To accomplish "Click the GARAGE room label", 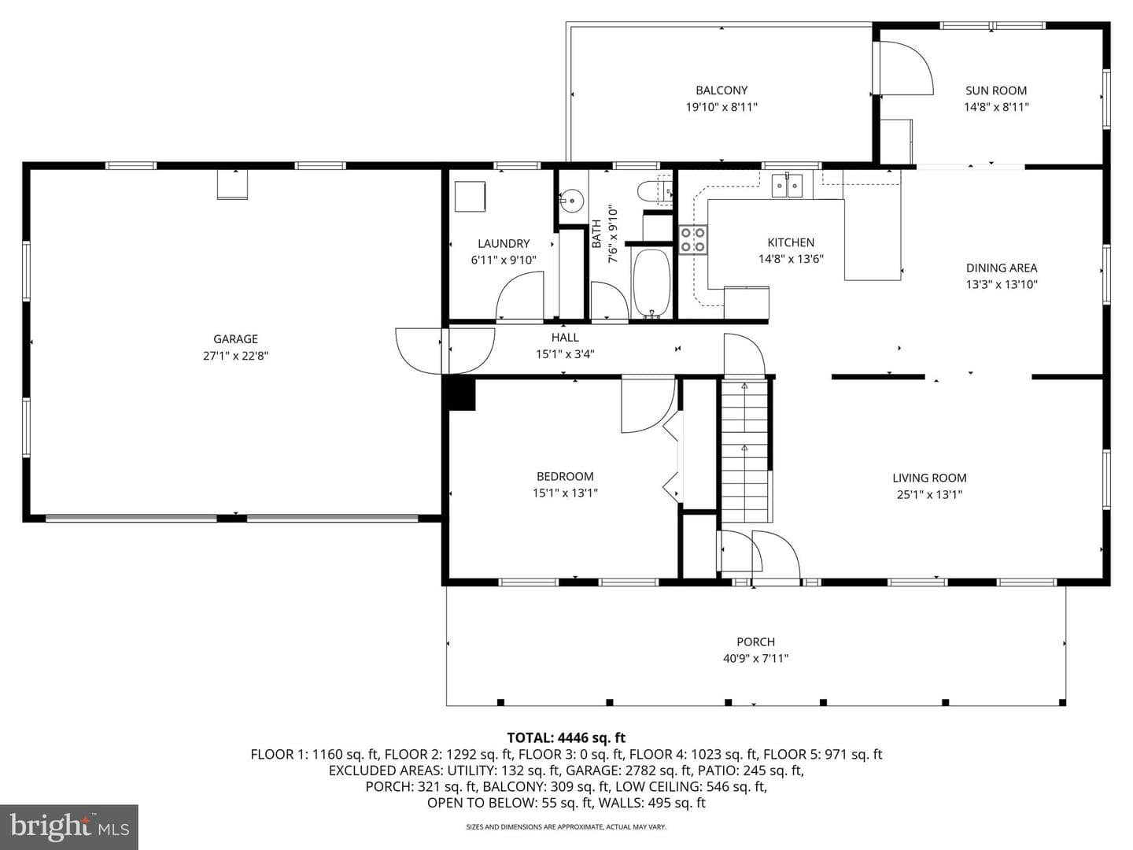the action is (235, 339).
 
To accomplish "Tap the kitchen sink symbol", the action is (787, 186).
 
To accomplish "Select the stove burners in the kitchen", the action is (692, 240).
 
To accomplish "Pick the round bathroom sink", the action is (572, 198).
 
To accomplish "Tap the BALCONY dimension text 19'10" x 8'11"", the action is (721, 107).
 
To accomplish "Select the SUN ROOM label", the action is (996, 91).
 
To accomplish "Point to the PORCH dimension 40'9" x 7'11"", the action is (755, 659).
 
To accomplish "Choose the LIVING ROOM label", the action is (930, 478).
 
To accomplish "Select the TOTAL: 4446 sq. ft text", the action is (566, 737).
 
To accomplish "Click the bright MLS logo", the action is (69, 826).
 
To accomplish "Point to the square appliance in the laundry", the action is (470, 196).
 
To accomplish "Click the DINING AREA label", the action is (1002, 268).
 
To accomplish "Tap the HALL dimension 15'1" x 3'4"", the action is (565, 354).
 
